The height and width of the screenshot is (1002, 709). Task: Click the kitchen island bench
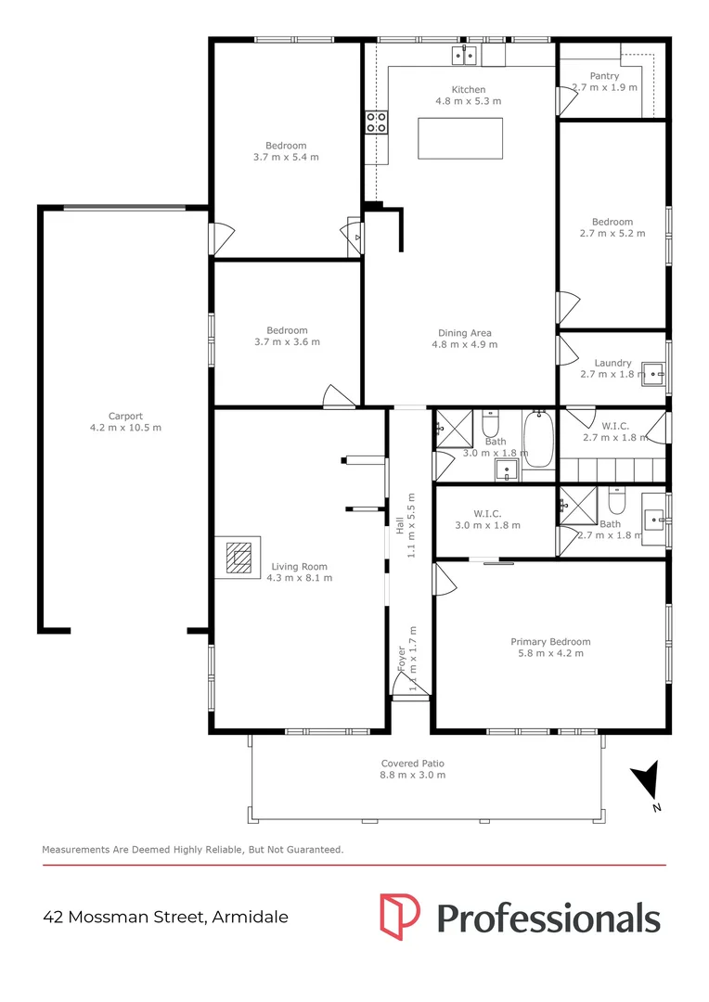click(x=460, y=138)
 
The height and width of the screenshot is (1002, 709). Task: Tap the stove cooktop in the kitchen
click(x=376, y=122)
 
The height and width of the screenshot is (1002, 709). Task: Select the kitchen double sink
click(x=465, y=56)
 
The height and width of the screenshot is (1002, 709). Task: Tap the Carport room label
click(x=125, y=416)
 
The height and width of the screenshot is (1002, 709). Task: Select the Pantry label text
click(x=604, y=76)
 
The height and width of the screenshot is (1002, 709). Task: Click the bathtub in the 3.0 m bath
click(x=539, y=441)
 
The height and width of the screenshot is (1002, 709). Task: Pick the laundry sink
click(x=653, y=373)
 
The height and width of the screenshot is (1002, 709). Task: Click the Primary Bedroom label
click(x=550, y=642)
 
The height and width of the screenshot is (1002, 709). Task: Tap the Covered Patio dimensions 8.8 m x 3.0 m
click(x=412, y=775)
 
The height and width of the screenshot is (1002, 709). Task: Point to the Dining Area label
click(x=465, y=333)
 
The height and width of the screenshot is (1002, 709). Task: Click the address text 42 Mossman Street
click(x=124, y=917)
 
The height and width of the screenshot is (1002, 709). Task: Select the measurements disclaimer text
click(x=192, y=850)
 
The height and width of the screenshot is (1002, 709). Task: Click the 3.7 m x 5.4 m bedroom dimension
click(x=286, y=157)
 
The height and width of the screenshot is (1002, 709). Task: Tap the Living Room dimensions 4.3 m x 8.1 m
click(x=299, y=578)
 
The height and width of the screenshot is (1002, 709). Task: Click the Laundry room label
click(x=612, y=363)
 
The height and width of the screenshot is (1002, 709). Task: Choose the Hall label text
click(x=400, y=525)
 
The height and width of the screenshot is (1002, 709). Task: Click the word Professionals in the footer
click(x=548, y=918)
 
